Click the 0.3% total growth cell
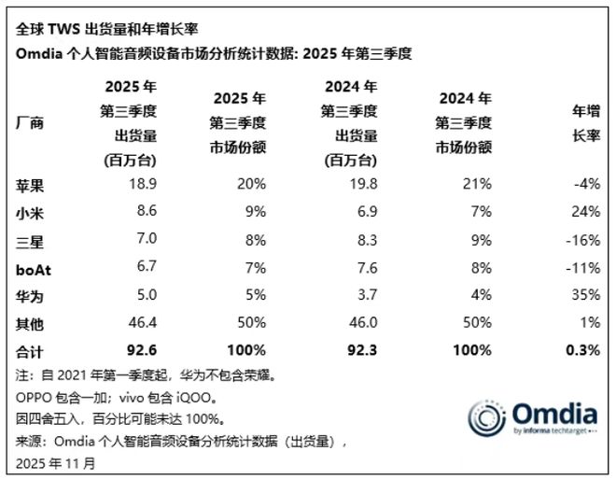[x=581, y=351]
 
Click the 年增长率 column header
[x=584, y=122]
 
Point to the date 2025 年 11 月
[x=57, y=461]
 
